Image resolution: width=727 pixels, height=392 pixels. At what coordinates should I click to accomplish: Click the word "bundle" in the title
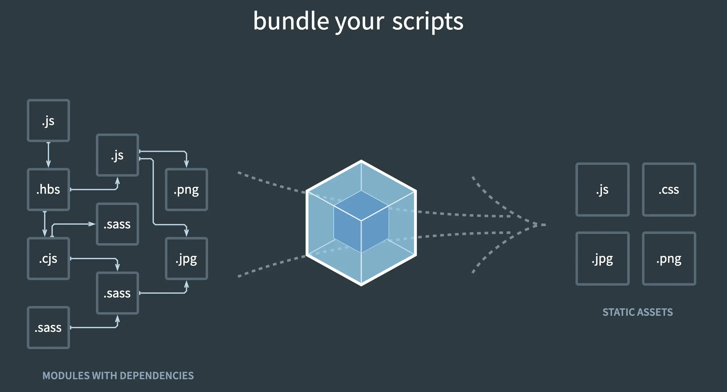[x=291, y=21]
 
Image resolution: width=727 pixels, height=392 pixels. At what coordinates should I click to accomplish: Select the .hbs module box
[x=48, y=189]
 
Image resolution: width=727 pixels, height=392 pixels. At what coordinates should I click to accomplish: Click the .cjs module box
[x=48, y=258]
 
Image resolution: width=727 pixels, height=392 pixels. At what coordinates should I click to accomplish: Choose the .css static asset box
[x=669, y=189]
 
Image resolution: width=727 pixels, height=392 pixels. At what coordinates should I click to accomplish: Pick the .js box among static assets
[x=602, y=189]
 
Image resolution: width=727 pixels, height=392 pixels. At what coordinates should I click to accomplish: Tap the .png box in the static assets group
[x=669, y=258]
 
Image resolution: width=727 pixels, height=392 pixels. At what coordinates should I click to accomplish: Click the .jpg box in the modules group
[x=186, y=258]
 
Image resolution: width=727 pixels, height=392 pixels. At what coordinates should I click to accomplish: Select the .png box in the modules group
[x=186, y=189]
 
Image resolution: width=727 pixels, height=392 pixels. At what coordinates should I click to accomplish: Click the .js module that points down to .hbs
[x=48, y=120]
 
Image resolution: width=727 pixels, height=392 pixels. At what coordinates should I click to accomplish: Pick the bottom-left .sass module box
[x=48, y=328]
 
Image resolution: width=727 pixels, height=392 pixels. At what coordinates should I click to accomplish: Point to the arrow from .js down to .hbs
[x=48, y=155]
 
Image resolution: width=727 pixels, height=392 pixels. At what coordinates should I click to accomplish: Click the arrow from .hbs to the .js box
[x=95, y=189]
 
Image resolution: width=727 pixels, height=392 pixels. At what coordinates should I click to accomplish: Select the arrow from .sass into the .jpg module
[x=164, y=293]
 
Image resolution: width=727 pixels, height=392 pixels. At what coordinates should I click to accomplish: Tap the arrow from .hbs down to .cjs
[x=45, y=224]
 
